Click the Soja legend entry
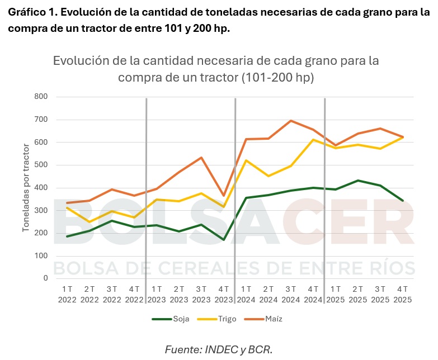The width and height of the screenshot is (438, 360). pyautogui.click(x=171, y=319)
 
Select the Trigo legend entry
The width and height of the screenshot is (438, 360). pyautogui.click(x=215, y=319)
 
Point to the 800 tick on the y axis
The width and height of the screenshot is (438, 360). pyautogui.click(x=41, y=97)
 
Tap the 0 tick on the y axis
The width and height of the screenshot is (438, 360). pyautogui.click(x=45, y=278)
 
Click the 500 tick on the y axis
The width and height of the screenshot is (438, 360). pyautogui.click(x=41, y=165)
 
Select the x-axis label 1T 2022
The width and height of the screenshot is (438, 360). pyautogui.click(x=67, y=294)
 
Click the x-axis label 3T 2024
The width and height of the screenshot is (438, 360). pyautogui.click(x=291, y=294)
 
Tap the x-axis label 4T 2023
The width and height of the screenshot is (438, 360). pyautogui.click(x=224, y=294)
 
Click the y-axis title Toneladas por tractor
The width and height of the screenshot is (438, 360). pyautogui.click(x=26, y=187)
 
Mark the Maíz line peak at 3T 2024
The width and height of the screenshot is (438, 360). pyautogui.click(x=291, y=121)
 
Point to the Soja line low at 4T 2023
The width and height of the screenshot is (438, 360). pyautogui.click(x=224, y=240)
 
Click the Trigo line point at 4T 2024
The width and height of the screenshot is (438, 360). pyautogui.click(x=313, y=139)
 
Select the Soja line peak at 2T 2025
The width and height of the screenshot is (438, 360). pyautogui.click(x=358, y=181)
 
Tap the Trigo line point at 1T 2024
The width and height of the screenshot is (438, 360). pyautogui.click(x=246, y=160)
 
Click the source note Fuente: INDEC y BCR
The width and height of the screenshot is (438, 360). pyautogui.click(x=219, y=349)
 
